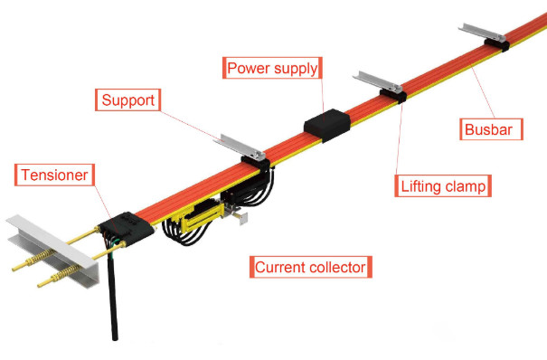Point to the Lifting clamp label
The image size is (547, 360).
click(x=443, y=187)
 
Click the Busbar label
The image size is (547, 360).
click(x=489, y=130)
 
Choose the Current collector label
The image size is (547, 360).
click(x=309, y=268)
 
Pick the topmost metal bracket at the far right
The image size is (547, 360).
click(x=480, y=33)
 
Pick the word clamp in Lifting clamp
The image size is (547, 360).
click(x=467, y=187)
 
